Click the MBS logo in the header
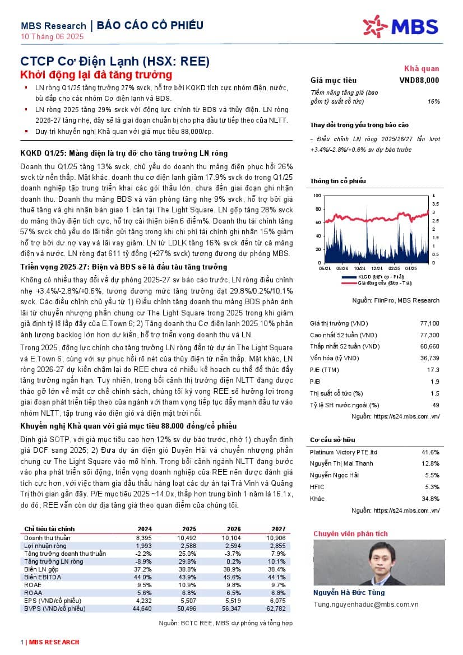401,26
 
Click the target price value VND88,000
419,81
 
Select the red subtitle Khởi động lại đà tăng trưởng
96,75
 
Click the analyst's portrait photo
344,563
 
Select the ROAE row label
33,584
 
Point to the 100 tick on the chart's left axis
317,196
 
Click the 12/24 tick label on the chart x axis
377,268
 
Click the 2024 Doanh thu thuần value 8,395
144,538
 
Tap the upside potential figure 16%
433,101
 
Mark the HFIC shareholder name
317,486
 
